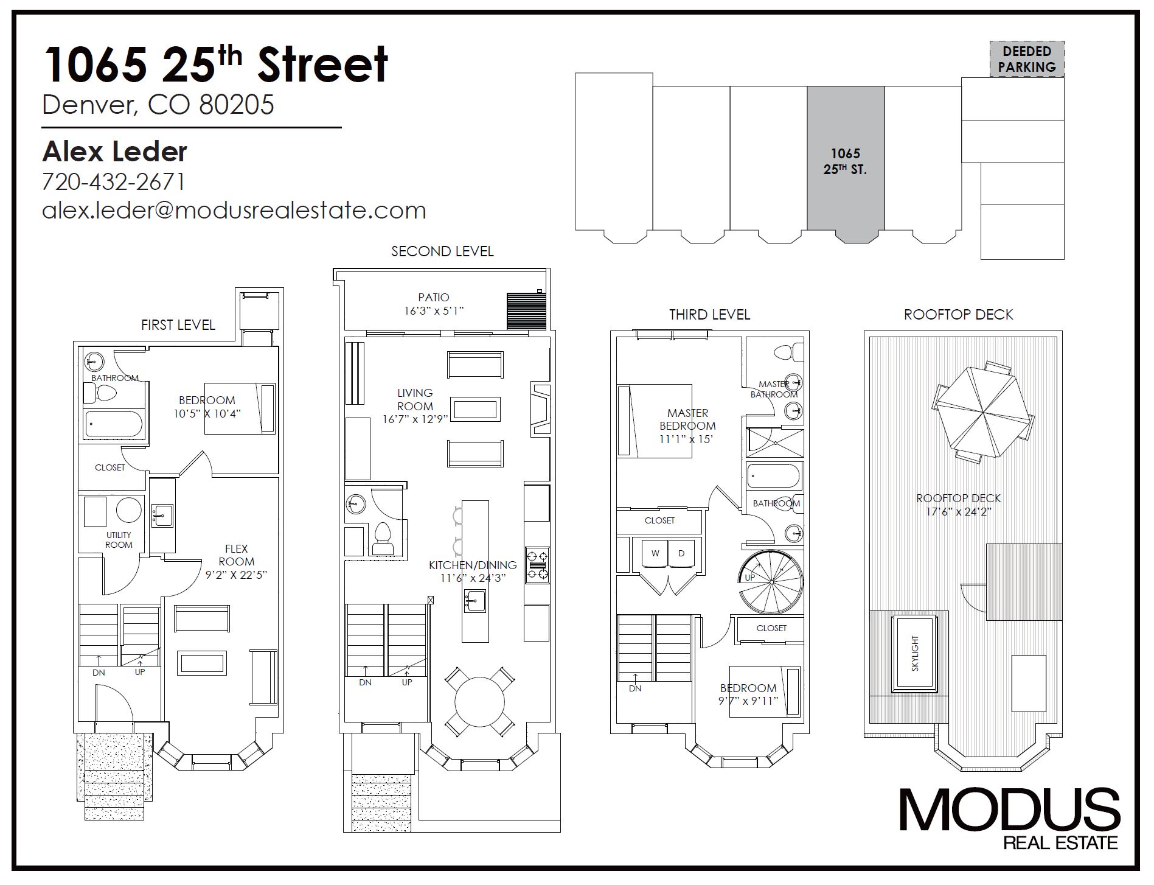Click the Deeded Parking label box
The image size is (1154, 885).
1027,59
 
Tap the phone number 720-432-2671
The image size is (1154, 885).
114,182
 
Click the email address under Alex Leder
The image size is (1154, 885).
234,211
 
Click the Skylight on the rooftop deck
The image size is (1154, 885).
915,654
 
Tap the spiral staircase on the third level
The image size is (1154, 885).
771,582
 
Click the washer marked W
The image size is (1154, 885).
655,554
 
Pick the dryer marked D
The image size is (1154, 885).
681,554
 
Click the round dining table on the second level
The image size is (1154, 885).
479,700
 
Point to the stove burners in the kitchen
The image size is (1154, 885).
537,565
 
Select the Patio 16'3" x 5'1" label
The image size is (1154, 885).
434,304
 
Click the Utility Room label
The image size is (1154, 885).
119,540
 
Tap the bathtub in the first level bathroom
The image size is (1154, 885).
114,424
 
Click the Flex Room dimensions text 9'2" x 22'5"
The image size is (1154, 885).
235,575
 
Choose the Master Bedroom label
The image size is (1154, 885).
688,419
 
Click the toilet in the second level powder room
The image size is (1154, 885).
383,539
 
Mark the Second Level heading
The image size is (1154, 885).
442,251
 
